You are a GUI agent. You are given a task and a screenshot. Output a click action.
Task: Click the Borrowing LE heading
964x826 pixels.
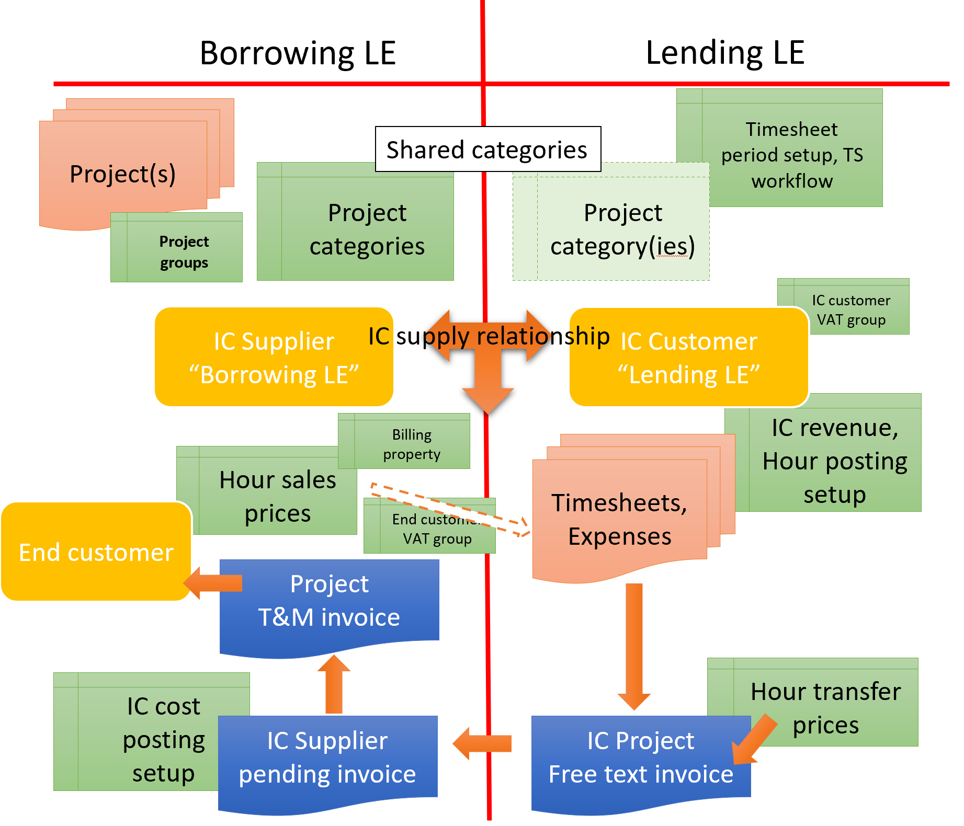coord(298,53)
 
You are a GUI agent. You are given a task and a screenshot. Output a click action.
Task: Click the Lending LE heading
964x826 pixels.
coord(724,53)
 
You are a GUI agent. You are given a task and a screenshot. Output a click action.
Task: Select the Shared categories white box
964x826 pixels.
coord(487,150)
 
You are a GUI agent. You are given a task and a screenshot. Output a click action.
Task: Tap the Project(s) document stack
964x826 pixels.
coord(122,174)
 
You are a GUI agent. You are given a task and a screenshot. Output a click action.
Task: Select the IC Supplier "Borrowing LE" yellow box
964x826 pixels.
coord(273,358)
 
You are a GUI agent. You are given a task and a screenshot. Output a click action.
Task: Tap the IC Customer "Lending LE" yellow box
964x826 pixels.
coord(688,358)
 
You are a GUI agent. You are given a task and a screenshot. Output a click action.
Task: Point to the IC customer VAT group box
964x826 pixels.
coord(850,309)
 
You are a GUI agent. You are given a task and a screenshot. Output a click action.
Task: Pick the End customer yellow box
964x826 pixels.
coord(96,552)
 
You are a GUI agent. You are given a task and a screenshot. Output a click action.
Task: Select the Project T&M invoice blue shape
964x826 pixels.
coord(329,601)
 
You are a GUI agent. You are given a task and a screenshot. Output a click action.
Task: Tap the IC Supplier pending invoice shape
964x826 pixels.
coord(327,758)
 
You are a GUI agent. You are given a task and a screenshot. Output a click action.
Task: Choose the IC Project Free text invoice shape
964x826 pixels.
coord(640,758)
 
